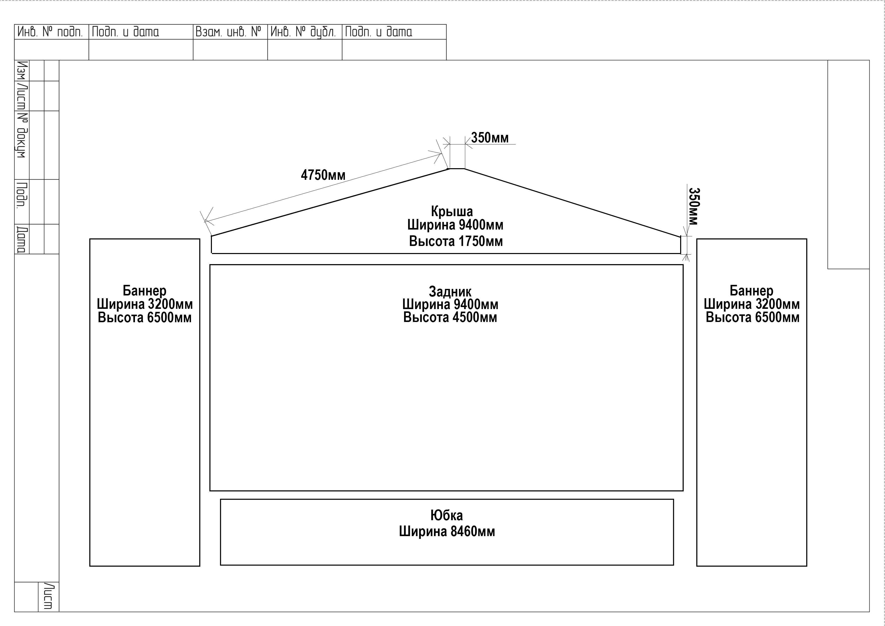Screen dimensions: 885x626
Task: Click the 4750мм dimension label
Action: (x=323, y=175)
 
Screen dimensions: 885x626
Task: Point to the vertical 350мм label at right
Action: (x=694, y=206)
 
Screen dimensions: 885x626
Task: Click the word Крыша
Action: (x=452, y=211)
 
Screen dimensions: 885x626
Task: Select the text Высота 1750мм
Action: (x=456, y=241)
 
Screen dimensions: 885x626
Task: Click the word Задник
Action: (x=450, y=292)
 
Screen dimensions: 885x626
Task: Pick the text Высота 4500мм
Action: (x=450, y=317)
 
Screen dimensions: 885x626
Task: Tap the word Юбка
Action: (x=447, y=515)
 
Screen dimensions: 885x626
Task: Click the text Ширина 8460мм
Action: (x=447, y=532)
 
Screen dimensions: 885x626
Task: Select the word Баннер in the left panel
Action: (x=145, y=290)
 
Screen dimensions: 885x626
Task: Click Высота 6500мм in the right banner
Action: (x=752, y=317)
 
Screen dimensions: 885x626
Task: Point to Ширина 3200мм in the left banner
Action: (x=145, y=304)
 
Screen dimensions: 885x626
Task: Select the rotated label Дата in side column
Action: (x=22, y=240)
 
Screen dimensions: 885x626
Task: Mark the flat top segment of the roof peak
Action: (x=457, y=168)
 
